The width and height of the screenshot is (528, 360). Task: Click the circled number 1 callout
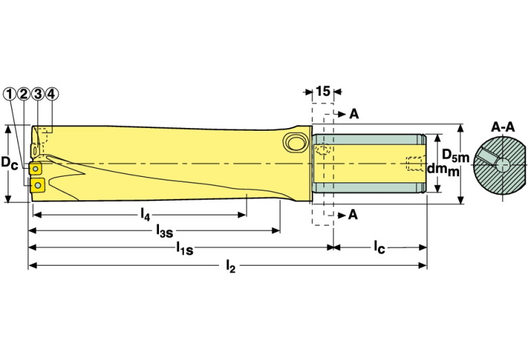click(x=10, y=93)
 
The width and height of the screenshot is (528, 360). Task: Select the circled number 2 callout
click(x=23, y=93)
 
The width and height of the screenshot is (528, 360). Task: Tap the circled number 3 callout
click(x=37, y=93)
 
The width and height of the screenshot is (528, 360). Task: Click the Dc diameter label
click(x=10, y=164)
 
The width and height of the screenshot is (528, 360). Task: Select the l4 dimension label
click(x=145, y=214)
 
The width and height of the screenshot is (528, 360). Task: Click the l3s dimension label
click(x=165, y=230)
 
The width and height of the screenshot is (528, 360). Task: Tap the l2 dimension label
click(x=231, y=266)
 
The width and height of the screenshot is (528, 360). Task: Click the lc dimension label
click(x=379, y=246)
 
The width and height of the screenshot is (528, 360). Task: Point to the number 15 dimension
click(x=322, y=90)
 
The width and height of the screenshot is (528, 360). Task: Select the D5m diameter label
click(x=454, y=153)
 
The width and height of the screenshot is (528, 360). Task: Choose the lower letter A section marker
click(x=353, y=215)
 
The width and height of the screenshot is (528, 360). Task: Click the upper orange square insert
click(x=36, y=167)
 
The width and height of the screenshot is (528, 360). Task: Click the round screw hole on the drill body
click(x=294, y=142)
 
